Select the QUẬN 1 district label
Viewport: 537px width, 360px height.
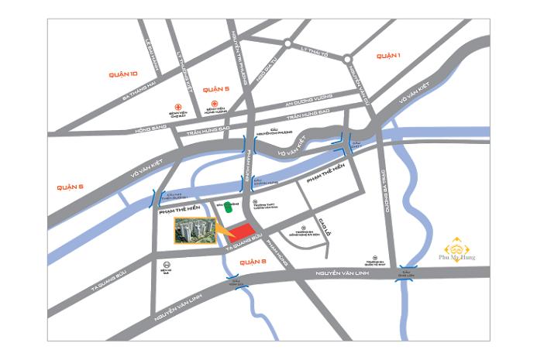pyautogui.click(x=387, y=56)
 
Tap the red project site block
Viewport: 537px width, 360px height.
pyautogui.click(x=245, y=232)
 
